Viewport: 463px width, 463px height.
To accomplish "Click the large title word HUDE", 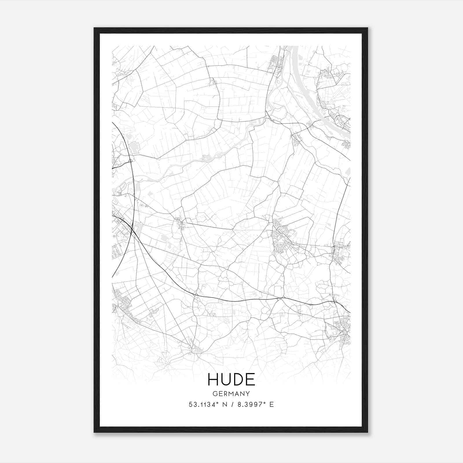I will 231,379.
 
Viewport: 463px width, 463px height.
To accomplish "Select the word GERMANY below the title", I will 231,394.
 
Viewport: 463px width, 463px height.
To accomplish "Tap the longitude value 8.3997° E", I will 256,405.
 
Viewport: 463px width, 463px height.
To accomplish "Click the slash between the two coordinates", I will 232,405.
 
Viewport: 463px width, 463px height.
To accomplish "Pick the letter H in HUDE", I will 213,379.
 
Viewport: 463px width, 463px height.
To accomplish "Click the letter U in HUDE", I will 226,379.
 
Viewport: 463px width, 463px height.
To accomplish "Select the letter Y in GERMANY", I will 248,394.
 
